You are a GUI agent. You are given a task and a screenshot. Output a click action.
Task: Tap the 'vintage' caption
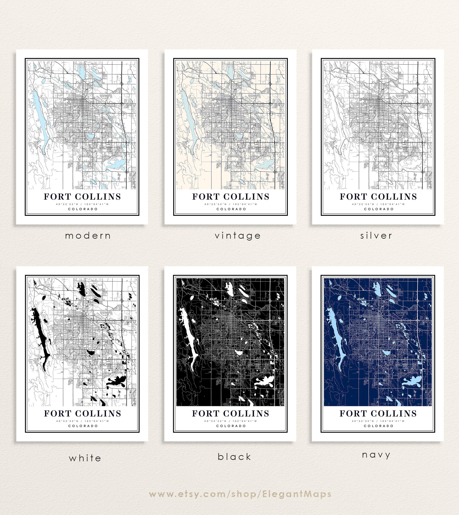[238, 236]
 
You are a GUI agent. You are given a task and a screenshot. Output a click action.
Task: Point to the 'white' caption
[85, 458]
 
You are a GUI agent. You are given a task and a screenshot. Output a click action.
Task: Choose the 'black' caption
[235, 457]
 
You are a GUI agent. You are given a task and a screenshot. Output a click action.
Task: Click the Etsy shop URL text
[240, 494]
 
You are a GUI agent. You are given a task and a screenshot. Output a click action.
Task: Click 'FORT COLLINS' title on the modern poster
[82, 197]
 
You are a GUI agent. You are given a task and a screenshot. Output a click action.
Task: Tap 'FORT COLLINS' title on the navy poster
[378, 414]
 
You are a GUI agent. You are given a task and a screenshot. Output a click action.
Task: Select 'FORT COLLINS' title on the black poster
[230, 414]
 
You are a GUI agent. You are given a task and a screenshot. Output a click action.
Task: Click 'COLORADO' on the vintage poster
[231, 209]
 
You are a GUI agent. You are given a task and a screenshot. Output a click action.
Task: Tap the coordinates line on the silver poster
[378, 204]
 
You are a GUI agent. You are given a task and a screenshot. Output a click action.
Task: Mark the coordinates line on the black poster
[230, 421]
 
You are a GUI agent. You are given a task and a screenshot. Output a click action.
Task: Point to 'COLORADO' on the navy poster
[378, 426]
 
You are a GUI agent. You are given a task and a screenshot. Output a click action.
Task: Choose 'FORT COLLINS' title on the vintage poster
[231, 197]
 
